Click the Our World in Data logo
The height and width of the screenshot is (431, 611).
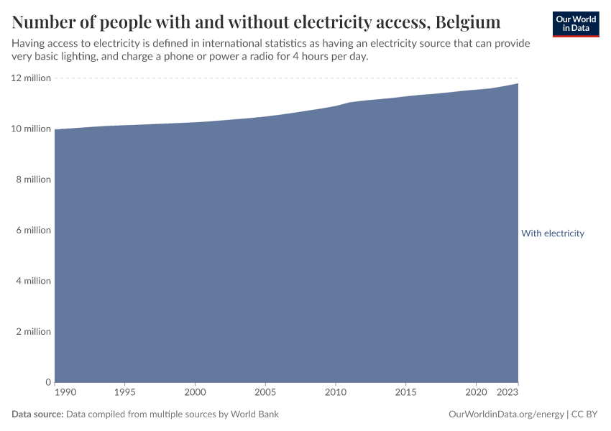(575, 24)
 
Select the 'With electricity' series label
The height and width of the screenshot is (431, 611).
(552, 233)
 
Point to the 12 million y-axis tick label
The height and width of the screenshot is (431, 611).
(30, 78)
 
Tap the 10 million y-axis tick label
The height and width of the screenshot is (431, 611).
(30, 129)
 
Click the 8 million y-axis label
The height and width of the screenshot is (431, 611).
(32, 180)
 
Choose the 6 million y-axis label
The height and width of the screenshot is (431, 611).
(32, 231)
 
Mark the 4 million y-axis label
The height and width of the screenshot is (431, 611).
(32, 281)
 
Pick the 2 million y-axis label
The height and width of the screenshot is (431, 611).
(32, 332)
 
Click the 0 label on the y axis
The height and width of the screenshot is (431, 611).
(47, 382)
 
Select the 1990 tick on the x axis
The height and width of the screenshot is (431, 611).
(65, 393)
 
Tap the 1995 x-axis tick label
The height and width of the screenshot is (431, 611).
(125, 393)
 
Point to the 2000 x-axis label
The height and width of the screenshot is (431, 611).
(195, 393)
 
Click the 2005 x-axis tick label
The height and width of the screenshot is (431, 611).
(265, 393)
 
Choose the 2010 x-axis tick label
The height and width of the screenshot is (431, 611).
(336, 393)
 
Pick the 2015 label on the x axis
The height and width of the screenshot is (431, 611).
(406, 393)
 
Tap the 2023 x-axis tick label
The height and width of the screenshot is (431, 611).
(507, 393)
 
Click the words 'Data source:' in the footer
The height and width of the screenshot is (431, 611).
(37, 414)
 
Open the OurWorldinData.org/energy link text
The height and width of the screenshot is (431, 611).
(505, 414)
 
